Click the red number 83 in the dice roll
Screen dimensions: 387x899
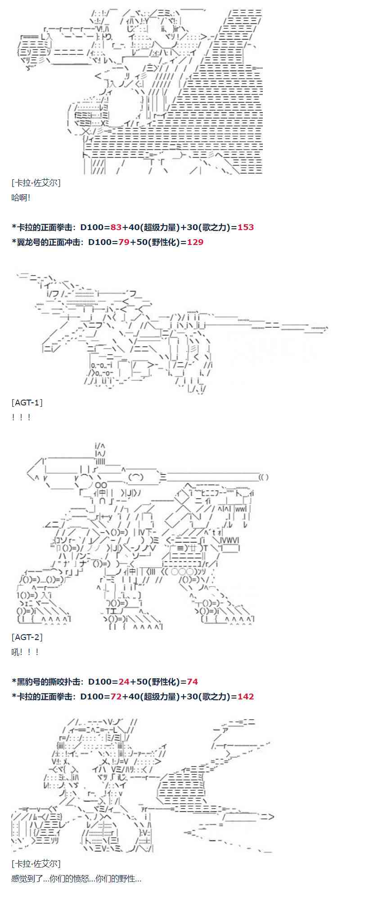tap(116, 227)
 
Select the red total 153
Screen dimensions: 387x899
tap(246, 227)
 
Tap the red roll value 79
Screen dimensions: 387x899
tap(124, 242)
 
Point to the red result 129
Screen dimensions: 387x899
tap(195, 242)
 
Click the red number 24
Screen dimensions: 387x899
tap(124, 681)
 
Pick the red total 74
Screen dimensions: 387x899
tap(192, 681)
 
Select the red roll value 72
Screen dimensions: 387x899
tap(116, 696)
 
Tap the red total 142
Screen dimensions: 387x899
tap(246, 696)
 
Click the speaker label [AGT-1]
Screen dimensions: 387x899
tap(27, 402)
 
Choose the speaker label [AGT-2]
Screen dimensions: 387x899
tap(27, 637)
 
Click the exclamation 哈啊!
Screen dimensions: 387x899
tap(21, 197)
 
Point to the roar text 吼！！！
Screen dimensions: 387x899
tap(25, 652)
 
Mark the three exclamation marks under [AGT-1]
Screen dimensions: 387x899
tap(21, 417)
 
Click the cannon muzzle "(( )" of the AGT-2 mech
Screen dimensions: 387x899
tap(264, 477)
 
